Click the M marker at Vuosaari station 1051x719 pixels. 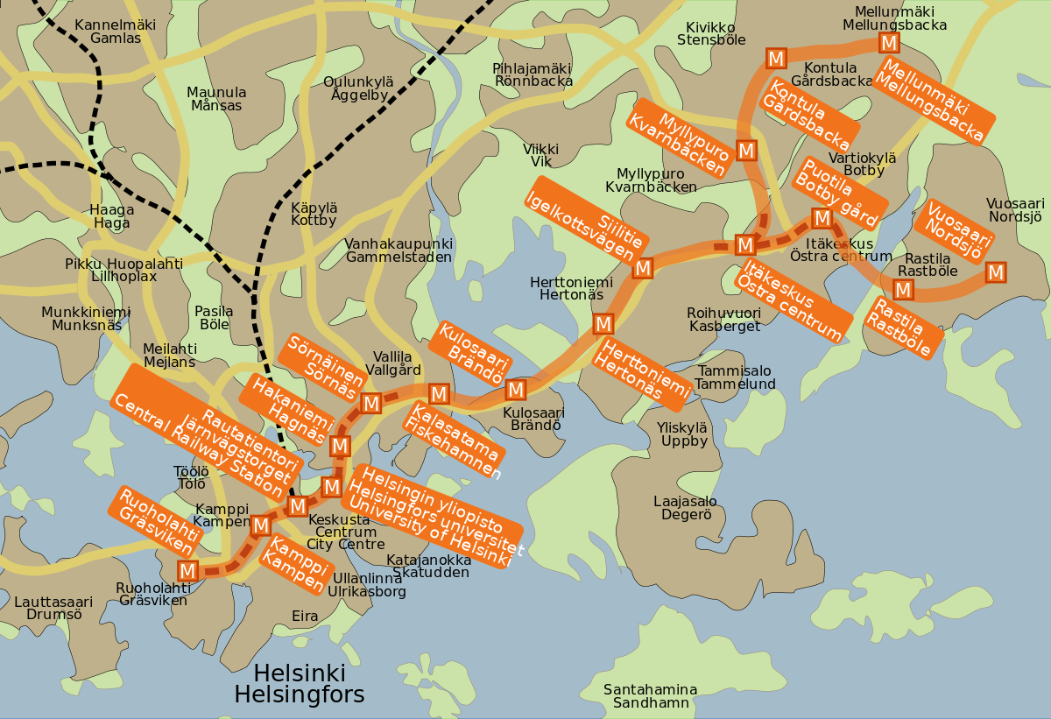(x=995, y=272)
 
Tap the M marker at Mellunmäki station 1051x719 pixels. (x=889, y=43)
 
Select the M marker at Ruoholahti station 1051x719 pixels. (x=187, y=571)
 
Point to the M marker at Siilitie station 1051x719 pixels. (x=642, y=268)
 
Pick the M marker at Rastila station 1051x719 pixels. (x=904, y=289)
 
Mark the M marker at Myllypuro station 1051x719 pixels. (x=746, y=151)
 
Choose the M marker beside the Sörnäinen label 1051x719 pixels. (x=370, y=404)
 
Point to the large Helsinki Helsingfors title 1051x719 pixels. (x=299, y=685)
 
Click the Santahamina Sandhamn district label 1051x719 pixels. (x=650, y=696)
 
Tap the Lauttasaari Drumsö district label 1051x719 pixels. (x=53, y=608)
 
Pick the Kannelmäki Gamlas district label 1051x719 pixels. (x=115, y=32)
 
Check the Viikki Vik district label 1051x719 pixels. (x=540, y=156)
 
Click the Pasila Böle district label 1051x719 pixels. (x=214, y=318)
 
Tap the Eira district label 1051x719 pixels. (x=305, y=617)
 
